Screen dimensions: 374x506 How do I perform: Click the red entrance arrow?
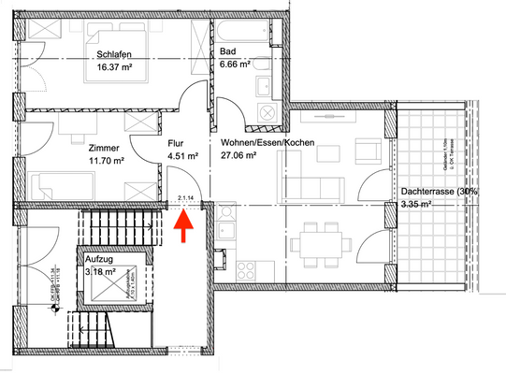pos(183,225)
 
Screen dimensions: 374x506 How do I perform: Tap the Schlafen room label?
pos(113,53)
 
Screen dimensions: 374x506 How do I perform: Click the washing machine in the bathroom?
pos(267,112)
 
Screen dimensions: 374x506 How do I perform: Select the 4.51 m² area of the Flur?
pos(182,157)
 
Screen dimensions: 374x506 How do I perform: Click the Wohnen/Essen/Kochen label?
pos(267,143)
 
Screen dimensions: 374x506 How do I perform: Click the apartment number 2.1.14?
pos(184,198)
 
